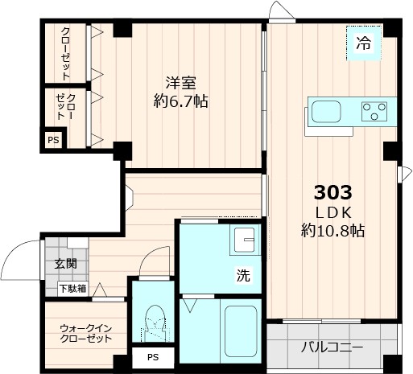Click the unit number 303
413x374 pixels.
332,193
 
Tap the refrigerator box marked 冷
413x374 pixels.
364,43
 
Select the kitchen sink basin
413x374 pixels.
327,110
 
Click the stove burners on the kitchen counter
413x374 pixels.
374,110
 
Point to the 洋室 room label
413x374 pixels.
181,83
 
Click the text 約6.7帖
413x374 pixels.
181,102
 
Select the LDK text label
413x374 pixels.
332,212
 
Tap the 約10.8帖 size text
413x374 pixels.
332,232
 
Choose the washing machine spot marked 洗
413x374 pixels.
242,275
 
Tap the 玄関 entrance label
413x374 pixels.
65,264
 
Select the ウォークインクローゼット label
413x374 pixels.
85,333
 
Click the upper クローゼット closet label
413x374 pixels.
65,53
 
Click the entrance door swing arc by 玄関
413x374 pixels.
18,259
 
